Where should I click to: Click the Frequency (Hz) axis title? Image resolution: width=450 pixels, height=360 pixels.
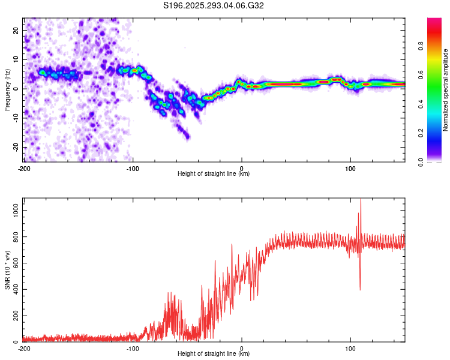pyautogui.click(x=7, y=90)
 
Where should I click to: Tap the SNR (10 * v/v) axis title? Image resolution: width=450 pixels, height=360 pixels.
pyautogui.click(x=7, y=271)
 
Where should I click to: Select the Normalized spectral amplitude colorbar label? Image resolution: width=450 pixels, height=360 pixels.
pyautogui.click(x=445, y=90)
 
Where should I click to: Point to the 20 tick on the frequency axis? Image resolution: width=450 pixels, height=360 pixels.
pyautogui.click(x=16, y=30)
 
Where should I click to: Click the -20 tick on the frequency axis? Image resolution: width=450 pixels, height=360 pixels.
pyautogui.click(x=15, y=147)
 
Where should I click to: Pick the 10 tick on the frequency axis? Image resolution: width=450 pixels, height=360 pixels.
pyautogui.click(x=16, y=59)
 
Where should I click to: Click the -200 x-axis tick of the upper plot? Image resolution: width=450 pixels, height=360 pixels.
pyautogui.click(x=24, y=169)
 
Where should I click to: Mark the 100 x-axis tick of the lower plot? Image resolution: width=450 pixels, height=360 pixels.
pyautogui.click(x=350, y=349)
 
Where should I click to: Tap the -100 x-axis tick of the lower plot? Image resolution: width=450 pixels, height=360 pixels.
pyautogui.click(x=133, y=349)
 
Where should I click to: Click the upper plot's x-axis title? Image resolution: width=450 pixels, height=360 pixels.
pyautogui.click(x=214, y=174)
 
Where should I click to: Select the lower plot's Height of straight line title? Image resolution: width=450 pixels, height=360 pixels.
pyautogui.click(x=214, y=354)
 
